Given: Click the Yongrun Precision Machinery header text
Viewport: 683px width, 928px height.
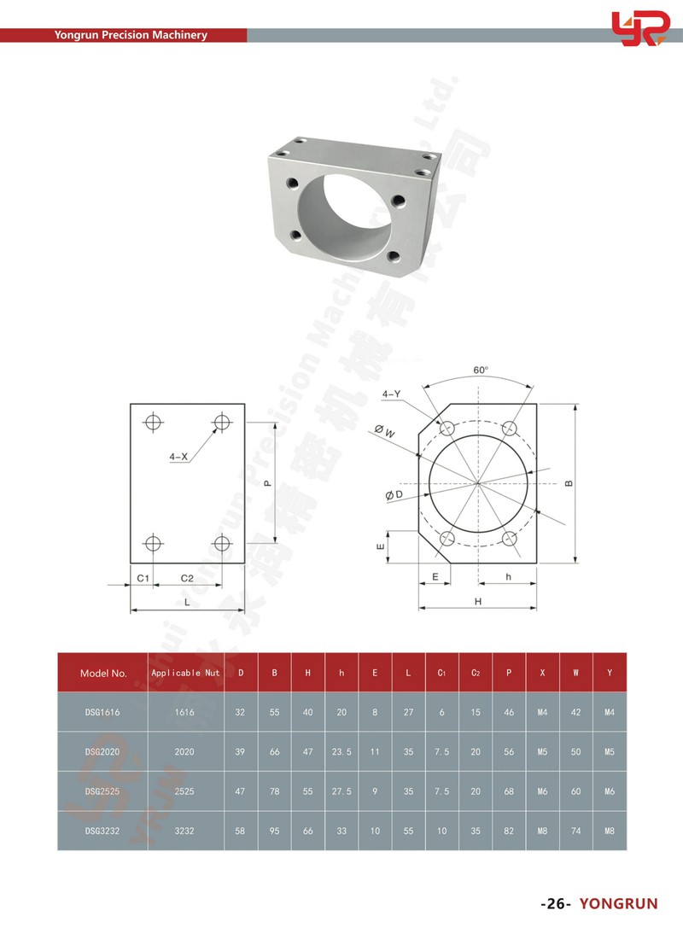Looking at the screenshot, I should (131, 36).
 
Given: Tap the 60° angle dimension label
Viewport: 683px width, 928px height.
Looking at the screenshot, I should (481, 371).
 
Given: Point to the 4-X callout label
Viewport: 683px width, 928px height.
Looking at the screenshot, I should (178, 457).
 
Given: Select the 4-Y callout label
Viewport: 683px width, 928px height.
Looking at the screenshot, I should (391, 394).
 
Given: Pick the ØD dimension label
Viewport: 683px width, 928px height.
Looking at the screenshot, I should (394, 495).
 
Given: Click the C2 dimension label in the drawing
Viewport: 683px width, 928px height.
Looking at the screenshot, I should (187, 578).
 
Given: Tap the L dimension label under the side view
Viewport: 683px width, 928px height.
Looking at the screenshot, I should (187, 602).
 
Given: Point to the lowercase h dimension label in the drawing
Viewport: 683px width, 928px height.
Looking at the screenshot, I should (508, 578).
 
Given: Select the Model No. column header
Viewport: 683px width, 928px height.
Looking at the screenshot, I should (103, 673).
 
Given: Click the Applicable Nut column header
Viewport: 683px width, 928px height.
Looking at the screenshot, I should (185, 673).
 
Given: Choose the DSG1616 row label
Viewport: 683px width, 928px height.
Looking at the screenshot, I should (103, 712).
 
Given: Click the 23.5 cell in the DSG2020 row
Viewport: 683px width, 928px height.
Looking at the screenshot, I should (341, 752).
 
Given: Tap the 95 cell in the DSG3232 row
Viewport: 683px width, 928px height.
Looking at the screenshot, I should (274, 831).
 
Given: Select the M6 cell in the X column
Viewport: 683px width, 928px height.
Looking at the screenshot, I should (542, 791).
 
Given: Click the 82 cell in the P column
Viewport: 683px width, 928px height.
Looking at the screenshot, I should (509, 831).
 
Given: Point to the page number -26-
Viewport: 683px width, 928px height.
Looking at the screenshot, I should (555, 904).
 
